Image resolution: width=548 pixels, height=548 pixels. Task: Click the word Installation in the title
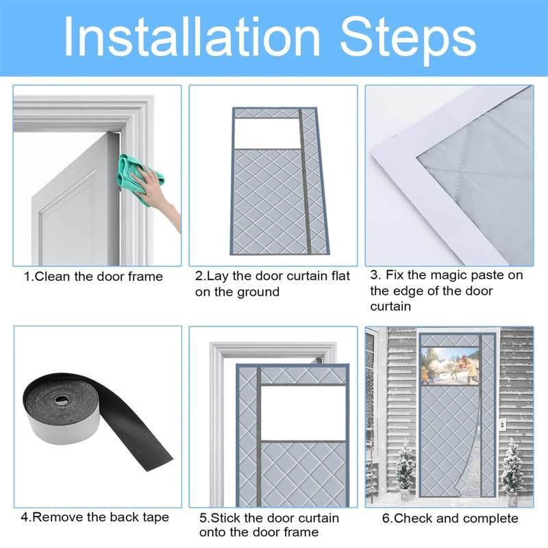tap(192, 37)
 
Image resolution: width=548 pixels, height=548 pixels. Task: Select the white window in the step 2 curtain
tap(267, 134)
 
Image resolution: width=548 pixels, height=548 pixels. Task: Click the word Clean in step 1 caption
tap(53, 277)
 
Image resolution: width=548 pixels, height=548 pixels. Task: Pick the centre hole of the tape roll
tap(61, 400)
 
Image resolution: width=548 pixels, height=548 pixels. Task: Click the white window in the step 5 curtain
tap(303, 413)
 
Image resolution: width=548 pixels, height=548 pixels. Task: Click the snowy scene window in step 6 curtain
tap(450, 366)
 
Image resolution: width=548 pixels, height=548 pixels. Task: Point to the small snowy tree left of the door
tap(405, 466)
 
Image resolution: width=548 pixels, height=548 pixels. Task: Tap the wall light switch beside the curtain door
tap(503, 424)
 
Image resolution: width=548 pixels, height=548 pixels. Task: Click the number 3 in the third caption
tap(374, 275)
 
